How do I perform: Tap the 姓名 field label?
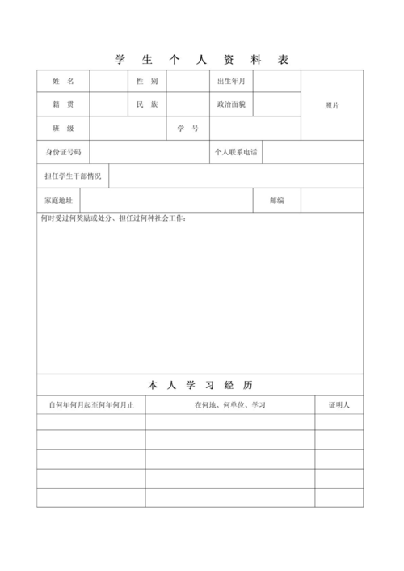63,82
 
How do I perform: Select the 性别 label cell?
146,82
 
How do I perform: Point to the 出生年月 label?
231,82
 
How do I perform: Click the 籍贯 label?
63,105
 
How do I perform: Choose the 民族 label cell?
146,105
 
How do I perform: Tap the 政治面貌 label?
231,105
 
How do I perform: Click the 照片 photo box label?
332,105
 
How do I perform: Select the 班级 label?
63,129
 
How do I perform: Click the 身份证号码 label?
63,152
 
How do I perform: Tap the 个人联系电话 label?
236,152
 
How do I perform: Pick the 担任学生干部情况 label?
73,176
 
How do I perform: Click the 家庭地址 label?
58,200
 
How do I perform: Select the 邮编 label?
276,200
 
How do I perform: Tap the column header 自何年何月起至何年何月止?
90,404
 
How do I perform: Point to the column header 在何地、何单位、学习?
230,404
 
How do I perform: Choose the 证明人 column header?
339,404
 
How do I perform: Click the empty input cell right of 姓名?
107,82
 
